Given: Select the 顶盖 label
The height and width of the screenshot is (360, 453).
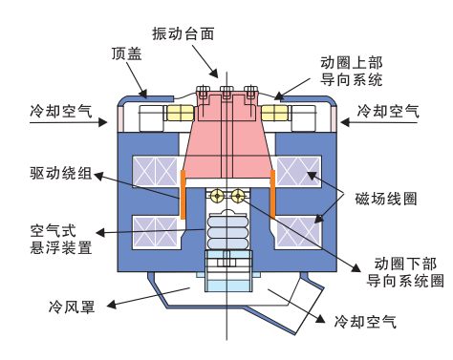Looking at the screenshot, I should [x=126, y=55].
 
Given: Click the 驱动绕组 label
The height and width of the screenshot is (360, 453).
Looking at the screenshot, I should [x=59, y=174].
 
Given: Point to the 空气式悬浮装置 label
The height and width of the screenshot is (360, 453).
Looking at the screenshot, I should [x=61, y=239].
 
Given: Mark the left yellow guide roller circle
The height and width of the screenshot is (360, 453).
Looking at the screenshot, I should [x=218, y=196].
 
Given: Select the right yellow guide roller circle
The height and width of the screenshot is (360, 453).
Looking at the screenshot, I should [x=237, y=196].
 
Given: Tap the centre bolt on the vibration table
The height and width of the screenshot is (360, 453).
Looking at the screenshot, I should [x=226, y=94].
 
